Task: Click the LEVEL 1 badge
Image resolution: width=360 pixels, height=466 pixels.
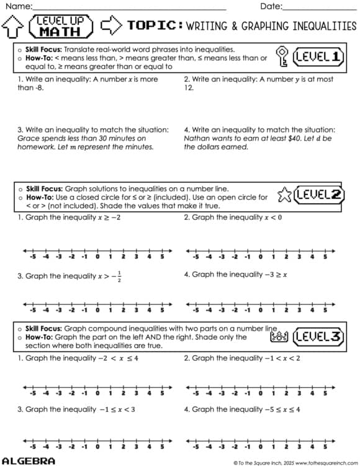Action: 317,57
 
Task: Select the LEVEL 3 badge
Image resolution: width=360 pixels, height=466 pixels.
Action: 317,337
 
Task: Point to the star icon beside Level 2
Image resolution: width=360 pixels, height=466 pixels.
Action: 284,195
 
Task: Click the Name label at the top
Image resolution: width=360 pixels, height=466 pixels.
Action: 17,6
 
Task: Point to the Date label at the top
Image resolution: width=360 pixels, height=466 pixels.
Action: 271,6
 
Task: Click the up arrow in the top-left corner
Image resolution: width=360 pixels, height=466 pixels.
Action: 13,26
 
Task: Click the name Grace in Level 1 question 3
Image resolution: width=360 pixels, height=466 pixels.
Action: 28,139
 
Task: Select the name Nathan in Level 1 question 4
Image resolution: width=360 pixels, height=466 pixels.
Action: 197,139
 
